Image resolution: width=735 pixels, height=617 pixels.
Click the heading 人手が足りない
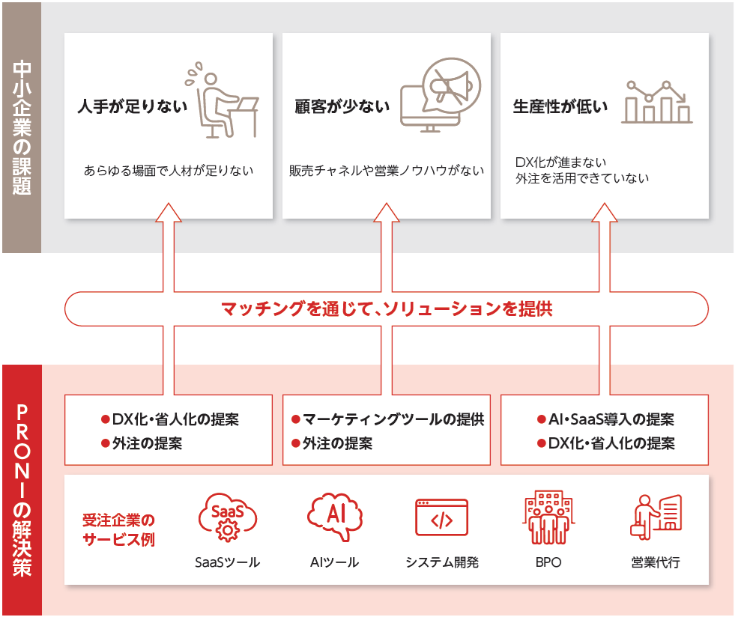click(133, 107)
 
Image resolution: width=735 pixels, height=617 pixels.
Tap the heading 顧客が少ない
click(342, 107)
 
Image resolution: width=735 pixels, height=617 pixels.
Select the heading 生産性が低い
click(560, 107)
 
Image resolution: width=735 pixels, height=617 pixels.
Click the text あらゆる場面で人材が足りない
click(169, 171)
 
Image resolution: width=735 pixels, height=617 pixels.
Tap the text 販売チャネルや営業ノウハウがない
click(387, 171)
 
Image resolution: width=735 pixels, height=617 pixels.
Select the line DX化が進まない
click(561, 162)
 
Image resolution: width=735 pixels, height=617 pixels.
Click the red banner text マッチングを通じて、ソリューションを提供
click(387, 308)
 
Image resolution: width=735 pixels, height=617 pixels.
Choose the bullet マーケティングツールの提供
click(387, 419)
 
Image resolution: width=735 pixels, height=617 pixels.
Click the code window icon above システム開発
click(441, 517)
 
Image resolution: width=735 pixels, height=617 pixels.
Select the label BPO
click(548, 562)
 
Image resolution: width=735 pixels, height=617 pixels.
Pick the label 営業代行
click(656, 562)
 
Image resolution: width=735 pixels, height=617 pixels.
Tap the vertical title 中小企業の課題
click(22, 127)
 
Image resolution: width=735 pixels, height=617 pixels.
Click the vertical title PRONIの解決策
click(22, 490)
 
